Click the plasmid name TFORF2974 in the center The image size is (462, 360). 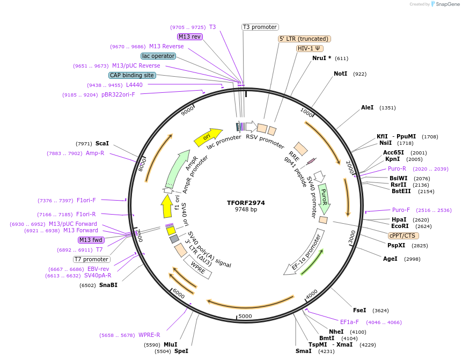point(246,203)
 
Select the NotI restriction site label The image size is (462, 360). point(340,74)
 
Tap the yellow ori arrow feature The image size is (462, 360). point(208,137)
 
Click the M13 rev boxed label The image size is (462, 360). point(189,36)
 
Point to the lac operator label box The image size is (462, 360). point(158,56)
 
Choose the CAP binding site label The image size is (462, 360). point(132,76)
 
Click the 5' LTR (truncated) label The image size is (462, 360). point(304,39)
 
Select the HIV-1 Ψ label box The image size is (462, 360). point(310,48)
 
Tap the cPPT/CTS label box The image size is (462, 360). point(403,236)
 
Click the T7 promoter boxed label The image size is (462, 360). point(92,259)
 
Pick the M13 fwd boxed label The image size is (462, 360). point(91,240)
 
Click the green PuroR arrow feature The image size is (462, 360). point(324,197)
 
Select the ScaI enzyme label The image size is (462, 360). point(102,143)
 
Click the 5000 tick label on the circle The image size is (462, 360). point(245,316)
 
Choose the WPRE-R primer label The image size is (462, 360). point(149,335)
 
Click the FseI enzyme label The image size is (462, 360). point(360,310)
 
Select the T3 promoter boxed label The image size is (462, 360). point(260,27)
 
